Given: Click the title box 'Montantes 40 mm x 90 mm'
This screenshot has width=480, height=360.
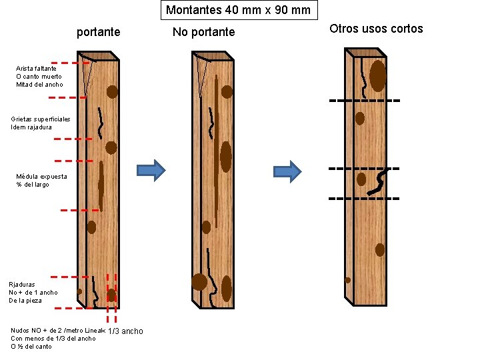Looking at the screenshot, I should (238, 10).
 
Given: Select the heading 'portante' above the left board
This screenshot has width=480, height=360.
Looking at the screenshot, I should (99, 31).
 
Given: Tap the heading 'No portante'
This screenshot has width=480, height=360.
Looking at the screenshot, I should (203, 32).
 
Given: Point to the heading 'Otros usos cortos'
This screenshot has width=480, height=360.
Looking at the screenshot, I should (376, 29).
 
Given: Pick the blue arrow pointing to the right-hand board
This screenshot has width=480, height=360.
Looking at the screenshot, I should (287, 171).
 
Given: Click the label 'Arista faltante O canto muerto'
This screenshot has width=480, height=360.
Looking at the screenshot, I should (39, 76).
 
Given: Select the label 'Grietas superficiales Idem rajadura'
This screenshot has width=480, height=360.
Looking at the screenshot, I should (40, 123).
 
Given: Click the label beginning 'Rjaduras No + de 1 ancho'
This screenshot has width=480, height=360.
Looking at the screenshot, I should (33, 292).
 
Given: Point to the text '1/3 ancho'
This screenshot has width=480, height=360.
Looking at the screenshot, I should (125, 331).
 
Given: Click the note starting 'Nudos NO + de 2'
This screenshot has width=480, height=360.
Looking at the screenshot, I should (53, 338).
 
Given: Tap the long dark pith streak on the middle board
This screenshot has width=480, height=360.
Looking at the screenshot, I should (217, 147).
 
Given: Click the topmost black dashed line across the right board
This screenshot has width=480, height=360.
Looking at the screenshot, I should (364, 101).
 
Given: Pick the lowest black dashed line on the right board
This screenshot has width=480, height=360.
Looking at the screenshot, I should (364, 199).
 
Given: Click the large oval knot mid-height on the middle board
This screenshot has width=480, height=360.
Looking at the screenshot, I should (225, 156).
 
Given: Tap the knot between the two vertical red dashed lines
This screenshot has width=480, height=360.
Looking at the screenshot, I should (111, 294).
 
